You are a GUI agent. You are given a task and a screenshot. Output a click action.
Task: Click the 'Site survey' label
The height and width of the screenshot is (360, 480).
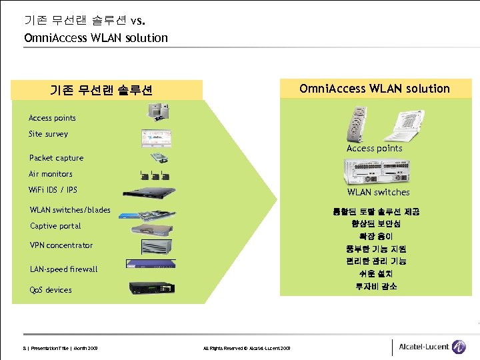tap(48, 134)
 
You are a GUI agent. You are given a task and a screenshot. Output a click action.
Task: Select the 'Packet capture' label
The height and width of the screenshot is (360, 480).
tap(56, 158)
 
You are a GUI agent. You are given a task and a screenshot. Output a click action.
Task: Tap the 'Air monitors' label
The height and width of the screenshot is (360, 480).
tap(51, 174)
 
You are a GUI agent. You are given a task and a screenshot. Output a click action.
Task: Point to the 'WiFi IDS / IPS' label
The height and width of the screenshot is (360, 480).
tap(53, 190)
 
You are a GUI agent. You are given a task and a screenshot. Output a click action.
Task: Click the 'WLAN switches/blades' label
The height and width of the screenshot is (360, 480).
tap(70, 210)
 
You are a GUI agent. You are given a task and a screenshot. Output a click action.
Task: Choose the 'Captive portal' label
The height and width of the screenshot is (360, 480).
tap(55, 226)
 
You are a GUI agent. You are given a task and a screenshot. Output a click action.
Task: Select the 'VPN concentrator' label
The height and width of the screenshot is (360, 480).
tap(61, 245)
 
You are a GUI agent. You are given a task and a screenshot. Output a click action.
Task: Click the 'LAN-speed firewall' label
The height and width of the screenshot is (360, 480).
tap(63, 269)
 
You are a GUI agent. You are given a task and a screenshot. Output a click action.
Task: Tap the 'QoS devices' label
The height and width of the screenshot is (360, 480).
tap(51, 290)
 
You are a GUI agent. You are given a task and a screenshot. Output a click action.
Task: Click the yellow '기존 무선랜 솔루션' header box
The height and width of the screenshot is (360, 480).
tap(101, 90)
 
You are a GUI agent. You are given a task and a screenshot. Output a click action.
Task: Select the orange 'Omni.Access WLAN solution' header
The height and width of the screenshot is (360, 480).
tap(375, 89)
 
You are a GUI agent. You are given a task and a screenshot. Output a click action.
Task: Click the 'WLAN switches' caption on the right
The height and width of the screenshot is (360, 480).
tap(378, 193)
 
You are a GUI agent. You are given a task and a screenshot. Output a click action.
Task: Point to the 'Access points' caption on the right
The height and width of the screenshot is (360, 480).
tap(374, 149)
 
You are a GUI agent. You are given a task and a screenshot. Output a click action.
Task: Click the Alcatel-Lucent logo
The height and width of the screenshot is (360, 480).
tap(431, 347)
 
